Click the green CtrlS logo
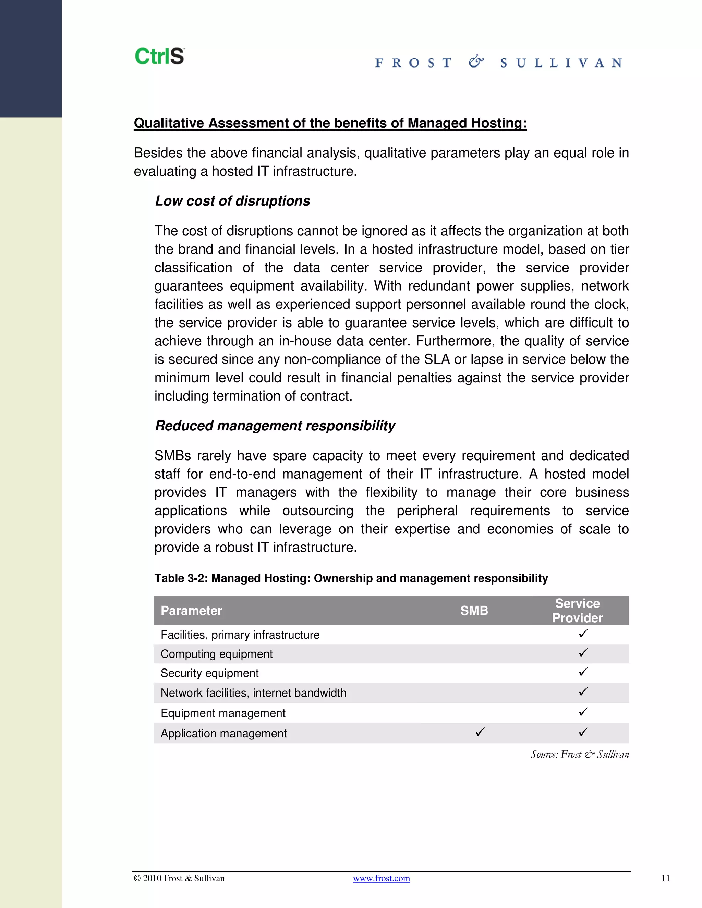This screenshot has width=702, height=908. pos(159,56)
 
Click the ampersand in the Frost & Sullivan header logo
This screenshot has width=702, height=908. pos(476,62)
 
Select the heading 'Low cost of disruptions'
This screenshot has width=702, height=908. pos(232,201)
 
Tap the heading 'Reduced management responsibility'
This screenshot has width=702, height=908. pos(275,426)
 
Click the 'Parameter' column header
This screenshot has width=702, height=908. pos(191,610)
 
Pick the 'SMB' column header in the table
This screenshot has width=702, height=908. pos(474,610)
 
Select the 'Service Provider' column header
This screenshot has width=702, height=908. pos(577,610)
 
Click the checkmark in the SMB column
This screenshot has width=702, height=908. pos(480,732)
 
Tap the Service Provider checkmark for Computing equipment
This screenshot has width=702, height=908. pos(583,653)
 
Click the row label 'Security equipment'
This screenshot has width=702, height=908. pos(209,673)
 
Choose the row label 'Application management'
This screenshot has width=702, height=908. pos(223,733)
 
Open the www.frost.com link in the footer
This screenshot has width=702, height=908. pos(382,878)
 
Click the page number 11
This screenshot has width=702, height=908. pos(665,878)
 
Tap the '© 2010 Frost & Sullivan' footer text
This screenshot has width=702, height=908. pos(179,878)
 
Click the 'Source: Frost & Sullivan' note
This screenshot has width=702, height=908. pos(579,754)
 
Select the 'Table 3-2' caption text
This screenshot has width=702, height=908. pos(351,578)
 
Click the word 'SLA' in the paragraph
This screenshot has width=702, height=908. pos(437,359)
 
